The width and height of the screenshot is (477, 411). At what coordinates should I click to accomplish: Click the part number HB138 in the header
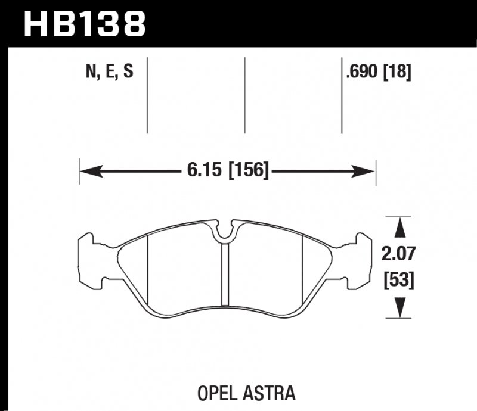click(83, 24)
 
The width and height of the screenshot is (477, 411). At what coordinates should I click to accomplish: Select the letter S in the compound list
click(127, 73)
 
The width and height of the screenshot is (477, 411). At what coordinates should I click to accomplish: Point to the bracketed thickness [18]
click(398, 73)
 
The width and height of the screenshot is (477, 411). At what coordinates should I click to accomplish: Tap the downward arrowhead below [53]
click(401, 309)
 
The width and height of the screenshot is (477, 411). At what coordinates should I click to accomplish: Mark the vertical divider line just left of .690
click(341, 95)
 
